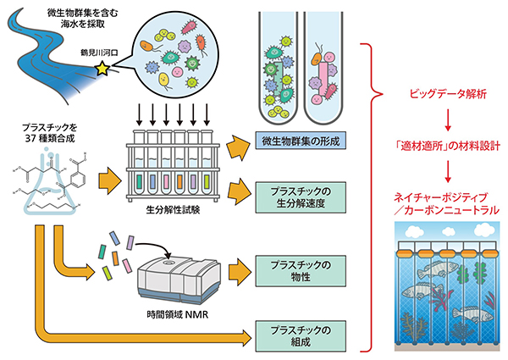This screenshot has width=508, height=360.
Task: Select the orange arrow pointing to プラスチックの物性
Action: (240, 271)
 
